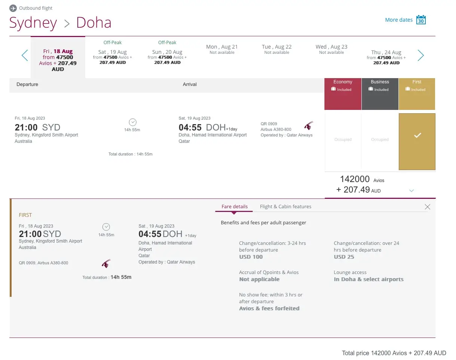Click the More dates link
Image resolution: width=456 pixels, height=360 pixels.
pyautogui.click(x=398, y=20)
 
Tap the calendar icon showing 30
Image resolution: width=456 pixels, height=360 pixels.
pyautogui.click(x=421, y=20)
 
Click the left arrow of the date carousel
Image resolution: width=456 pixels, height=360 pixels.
pyautogui.click(x=25, y=56)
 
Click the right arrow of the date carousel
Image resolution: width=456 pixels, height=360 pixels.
pyautogui.click(x=420, y=56)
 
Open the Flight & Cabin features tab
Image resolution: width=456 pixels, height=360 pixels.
pyautogui.click(x=286, y=206)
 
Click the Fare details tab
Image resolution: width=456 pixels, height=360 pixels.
pyautogui.click(x=234, y=206)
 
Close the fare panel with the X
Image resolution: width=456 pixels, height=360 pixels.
pyautogui.click(x=428, y=207)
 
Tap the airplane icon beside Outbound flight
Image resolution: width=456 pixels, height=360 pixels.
pyautogui.click(x=13, y=8)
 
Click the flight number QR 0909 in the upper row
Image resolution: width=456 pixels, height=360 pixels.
pyautogui.click(x=269, y=124)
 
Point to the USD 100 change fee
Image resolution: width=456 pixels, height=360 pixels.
pyautogui.click(x=251, y=257)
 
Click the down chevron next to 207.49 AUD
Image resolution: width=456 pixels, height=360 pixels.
pyautogui.click(x=412, y=191)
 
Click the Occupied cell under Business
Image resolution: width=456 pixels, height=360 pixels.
pyautogui.click(x=380, y=139)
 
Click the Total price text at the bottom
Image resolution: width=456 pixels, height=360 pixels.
pyautogui.click(x=394, y=353)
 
